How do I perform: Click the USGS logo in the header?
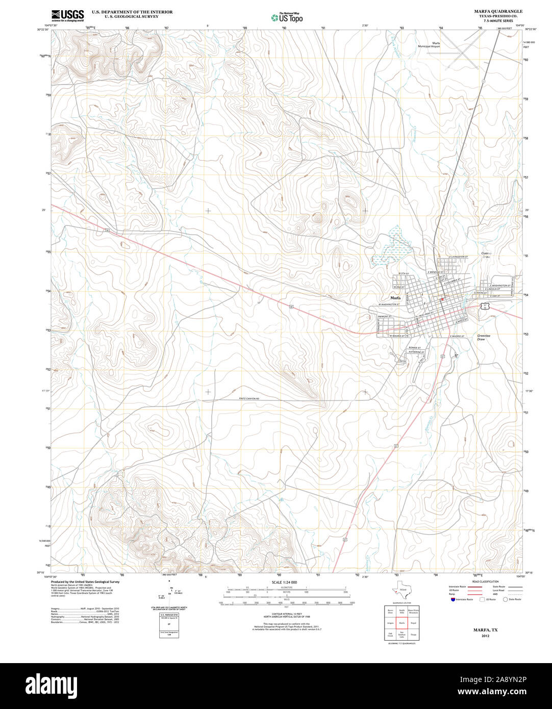(x=67, y=15)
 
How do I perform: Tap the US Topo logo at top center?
(x=287, y=17)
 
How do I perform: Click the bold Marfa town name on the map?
(x=395, y=297)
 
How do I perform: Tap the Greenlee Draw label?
(x=484, y=337)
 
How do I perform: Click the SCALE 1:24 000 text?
(x=284, y=583)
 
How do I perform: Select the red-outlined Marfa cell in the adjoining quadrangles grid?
(x=402, y=623)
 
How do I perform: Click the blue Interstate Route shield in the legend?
(x=452, y=599)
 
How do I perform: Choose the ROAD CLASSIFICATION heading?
(x=485, y=581)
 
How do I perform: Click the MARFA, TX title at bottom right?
(x=485, y=630)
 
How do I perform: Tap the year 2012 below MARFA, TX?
(x=485, y=636)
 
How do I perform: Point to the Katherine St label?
(x=416, y=352)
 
